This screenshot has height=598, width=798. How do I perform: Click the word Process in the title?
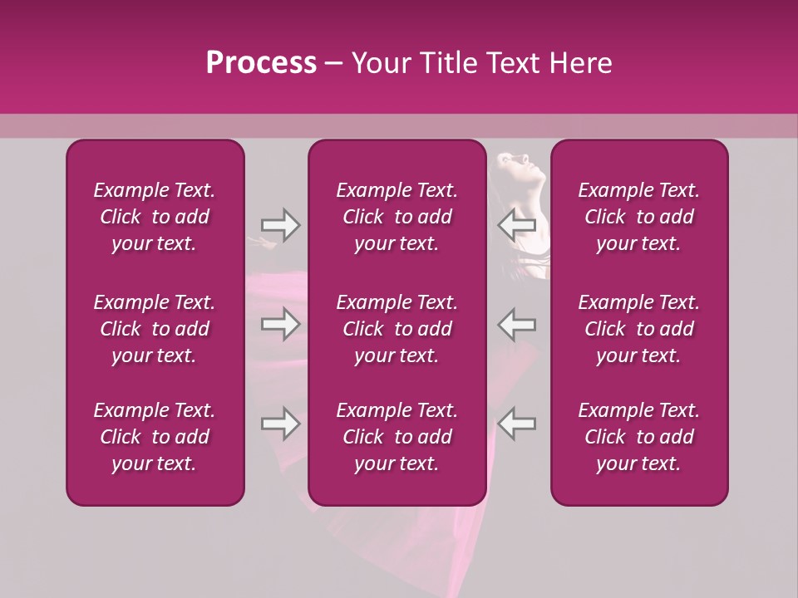point(261,63)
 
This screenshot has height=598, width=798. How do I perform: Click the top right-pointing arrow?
point(280,225)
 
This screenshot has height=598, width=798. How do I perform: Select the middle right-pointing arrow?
point(280,324)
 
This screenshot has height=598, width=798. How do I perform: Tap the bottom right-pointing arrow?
point(280,424)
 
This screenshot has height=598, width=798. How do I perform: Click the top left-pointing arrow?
point(517,225)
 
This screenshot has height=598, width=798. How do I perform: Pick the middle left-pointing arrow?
point(517,324)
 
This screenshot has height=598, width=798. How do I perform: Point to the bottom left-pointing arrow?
point(517,424)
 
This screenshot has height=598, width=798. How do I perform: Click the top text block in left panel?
point(155,217)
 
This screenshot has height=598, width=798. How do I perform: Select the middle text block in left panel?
point(155,329)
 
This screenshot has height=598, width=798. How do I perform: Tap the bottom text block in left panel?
point(155,437)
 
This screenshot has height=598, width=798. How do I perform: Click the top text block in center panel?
point(397,217)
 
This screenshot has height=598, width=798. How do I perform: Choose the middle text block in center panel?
point(397,329)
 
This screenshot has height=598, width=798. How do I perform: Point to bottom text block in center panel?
point(397,437)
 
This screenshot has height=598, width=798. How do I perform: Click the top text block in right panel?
point(638,217)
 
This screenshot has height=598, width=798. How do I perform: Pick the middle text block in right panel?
point(638,329)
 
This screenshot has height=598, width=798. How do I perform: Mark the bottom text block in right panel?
point(638,437)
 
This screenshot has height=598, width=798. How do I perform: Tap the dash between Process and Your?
point(333,64)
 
